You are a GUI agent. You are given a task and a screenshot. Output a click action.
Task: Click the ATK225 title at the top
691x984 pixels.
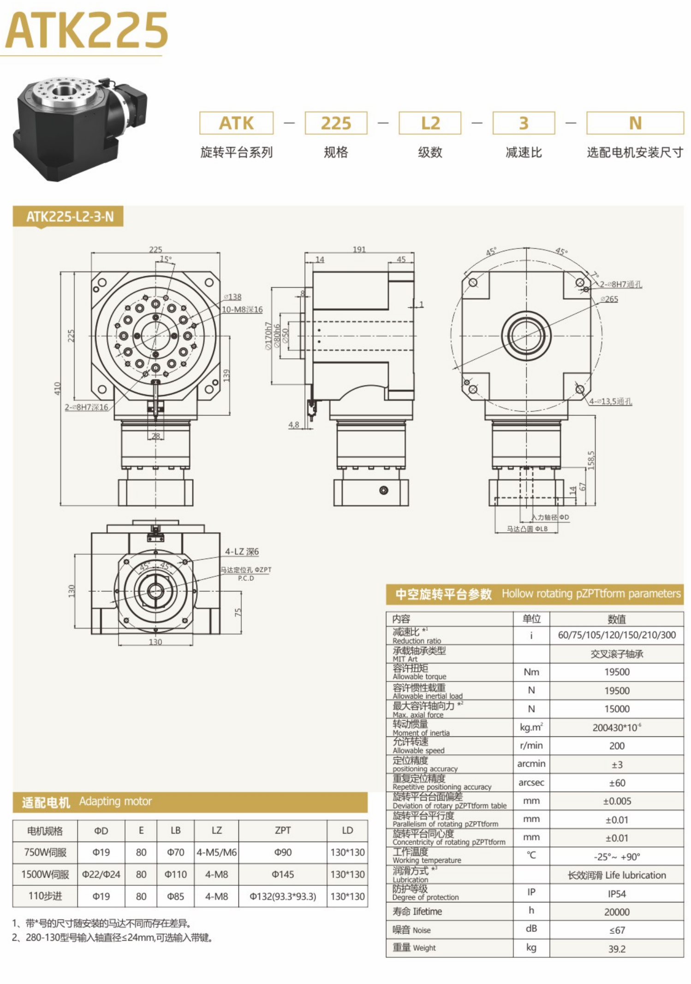[x=86, y=30]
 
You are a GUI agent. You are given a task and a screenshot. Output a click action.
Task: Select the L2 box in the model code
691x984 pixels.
[x=429, y=123]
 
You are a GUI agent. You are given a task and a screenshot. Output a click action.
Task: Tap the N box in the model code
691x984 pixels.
[x=634, y=123]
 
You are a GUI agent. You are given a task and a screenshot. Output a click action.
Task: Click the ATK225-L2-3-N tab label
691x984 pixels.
[x=69, y=216]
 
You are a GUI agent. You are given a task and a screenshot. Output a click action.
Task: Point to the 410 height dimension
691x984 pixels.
[x=57, y=388]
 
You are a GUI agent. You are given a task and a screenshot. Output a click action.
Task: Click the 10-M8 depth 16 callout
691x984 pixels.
[x=242, y=309]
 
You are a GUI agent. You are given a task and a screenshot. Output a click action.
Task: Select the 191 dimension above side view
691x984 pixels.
[x=359, y=249]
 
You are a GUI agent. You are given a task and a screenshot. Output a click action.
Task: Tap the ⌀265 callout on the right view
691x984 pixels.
[x=609, y=299]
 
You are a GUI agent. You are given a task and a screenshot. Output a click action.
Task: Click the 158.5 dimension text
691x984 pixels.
[x=591, y=460]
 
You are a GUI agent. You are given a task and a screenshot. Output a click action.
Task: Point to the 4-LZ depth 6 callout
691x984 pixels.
[x=242, y=551]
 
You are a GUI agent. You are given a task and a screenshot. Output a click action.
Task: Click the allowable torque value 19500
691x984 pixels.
[x=616, y=672]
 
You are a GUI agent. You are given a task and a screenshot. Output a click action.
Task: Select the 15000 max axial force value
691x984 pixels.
[x=616, y=709]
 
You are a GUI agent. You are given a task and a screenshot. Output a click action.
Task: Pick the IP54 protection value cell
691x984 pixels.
[x=616, y=894]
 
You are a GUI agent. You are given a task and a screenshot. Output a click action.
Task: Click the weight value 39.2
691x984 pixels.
[x=616, y=949]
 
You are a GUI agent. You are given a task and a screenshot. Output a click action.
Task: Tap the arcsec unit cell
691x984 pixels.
[x=531, y=782]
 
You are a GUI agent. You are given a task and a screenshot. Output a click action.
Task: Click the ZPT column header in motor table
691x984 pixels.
[x=282, y=830]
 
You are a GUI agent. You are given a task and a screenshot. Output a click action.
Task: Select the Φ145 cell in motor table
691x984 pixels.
[x=282, y=874]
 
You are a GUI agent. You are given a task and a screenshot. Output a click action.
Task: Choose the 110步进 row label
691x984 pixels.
[x=45, y=896]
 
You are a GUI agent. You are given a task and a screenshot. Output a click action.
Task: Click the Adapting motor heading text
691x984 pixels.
[x=115, y=801]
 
